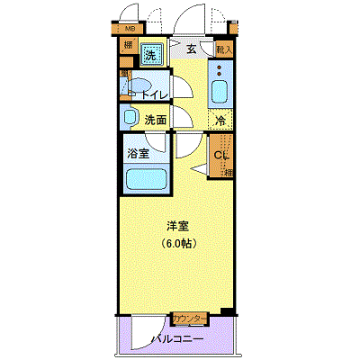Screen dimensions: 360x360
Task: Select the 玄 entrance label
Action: click(x=191, y=49)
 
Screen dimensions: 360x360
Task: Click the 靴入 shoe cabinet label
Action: click(x=225, y=50)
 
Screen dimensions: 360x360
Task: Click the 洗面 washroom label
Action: click(x=155, y=120)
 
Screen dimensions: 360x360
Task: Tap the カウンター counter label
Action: click(x=190, y=319)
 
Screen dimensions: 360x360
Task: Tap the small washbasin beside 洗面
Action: click(x=128, y=117)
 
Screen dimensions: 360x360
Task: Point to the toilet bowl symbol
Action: click(x=135, y=89)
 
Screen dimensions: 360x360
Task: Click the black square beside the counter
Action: click(x=226, y=313)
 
